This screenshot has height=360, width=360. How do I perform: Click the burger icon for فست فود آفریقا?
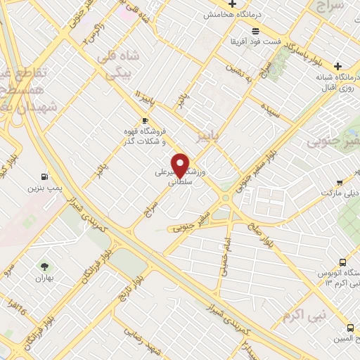click(x=255, y=30)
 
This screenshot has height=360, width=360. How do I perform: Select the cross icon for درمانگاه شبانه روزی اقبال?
click(x=337, y=64)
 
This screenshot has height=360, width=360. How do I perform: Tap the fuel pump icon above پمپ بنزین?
click(x=45, y=176)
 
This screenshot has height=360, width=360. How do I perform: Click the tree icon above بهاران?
click(x=45, y=266)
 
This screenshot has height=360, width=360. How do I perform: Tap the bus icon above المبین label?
click(x=350, y=327)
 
